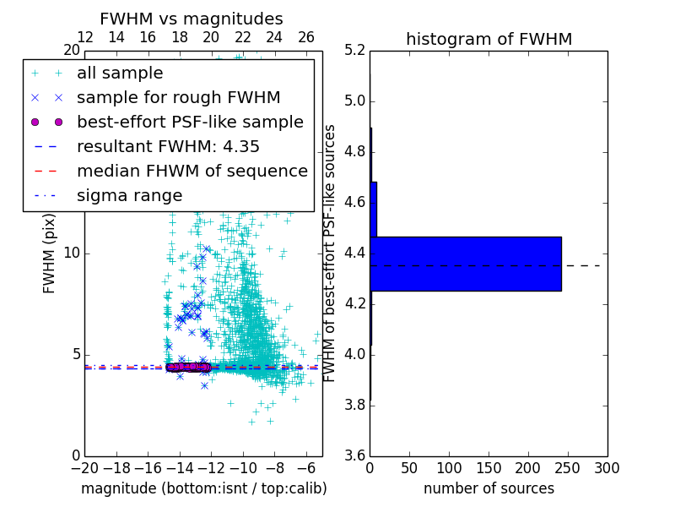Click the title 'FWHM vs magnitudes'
(x=192, y=19)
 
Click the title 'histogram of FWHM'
(x=489, y=40)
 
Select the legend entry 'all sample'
(x=120, y=74)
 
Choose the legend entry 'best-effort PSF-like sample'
(x=190, y=122)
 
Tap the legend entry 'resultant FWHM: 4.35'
(x=168, y=146)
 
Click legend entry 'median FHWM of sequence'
(x=192, y=171)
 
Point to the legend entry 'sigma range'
(x=129, y=195)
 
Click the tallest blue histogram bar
(x=465, y=264)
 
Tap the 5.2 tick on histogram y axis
(x=354, y=51)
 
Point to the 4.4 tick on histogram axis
(x=354, y=253)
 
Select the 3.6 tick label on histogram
(x=354, y=455)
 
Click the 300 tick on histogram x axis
(x=607, y=467)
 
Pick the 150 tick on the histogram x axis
(x=489, y=467)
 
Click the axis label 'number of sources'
(x=489, y=488)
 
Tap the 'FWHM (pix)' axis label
(x=50, y=253)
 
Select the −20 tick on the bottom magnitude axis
(x=84, y=467)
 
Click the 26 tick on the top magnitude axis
(x=306, y=37)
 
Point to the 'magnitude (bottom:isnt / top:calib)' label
(x=203, y=488)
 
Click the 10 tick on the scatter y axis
(x=72, y=253)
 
